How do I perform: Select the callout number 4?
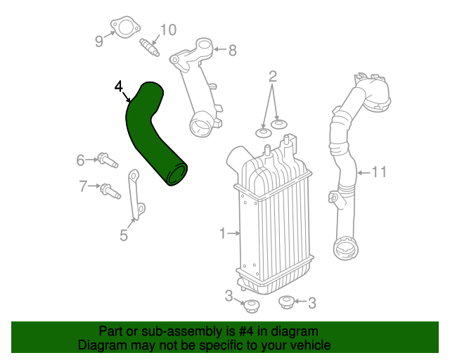click(x=119, y=86)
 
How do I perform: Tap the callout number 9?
click(x=99, y=41)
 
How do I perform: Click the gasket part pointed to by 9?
click(x=125, y=28)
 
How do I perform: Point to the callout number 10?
click(x=168, y=30)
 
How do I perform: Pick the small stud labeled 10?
click(x=149, y=47)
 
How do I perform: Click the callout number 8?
click(x=233, y=51)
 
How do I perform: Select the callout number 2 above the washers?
click(x=273, y=77)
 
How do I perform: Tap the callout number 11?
click(x=379, y=172)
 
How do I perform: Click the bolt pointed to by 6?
click(x=108, y=160)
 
